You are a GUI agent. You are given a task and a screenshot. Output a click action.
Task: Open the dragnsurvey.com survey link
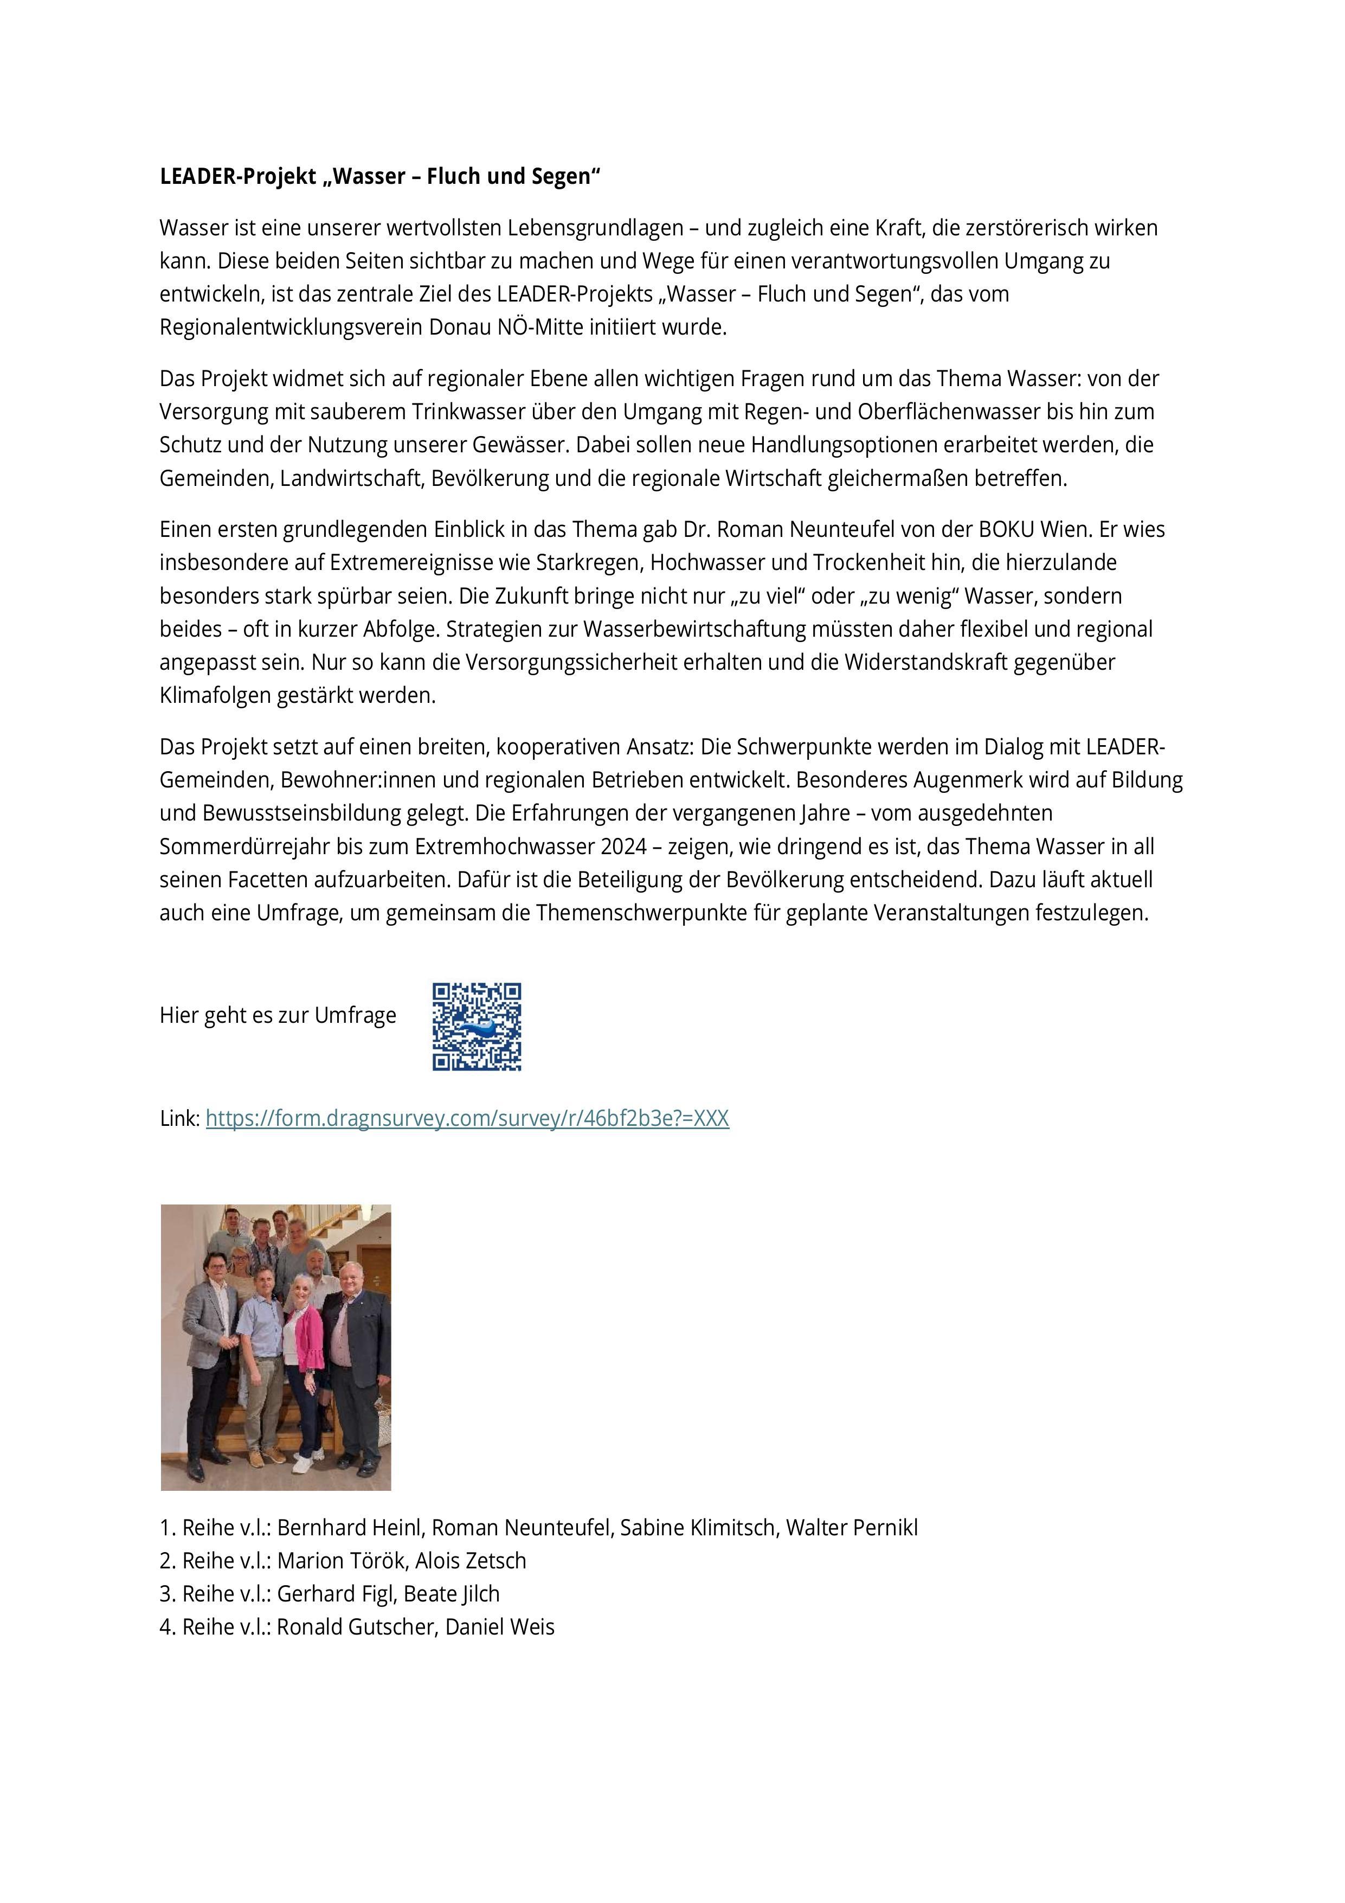tap(467, 1118)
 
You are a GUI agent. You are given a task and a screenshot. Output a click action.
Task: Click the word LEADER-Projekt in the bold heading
tap(238, 177)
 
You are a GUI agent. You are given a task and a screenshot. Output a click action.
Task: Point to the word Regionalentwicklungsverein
tap(291, 328)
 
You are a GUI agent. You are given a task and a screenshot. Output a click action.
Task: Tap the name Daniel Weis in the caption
tap(500, 1627)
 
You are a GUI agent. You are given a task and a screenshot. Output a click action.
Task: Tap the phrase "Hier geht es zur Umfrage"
tap(278, 1015)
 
